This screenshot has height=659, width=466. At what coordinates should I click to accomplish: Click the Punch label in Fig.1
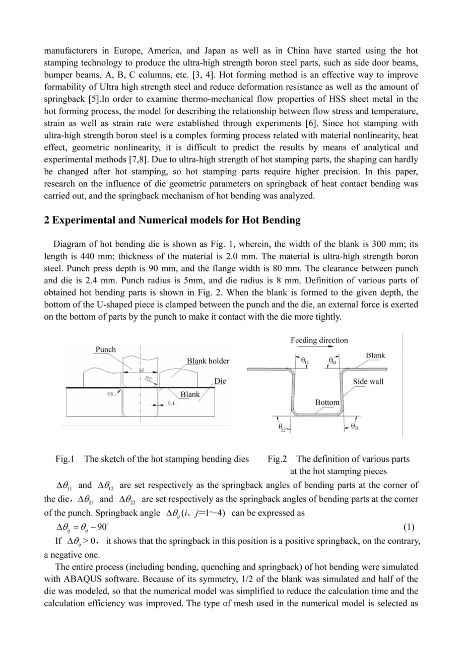point(106,349)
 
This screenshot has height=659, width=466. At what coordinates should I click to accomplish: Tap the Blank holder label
point(208,360)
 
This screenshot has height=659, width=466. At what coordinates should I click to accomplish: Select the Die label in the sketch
point(220,381)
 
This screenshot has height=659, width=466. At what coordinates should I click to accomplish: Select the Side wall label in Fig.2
point(368,381)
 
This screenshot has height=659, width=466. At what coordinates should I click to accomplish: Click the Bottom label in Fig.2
point(327,402)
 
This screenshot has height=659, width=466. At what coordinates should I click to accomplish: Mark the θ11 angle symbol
point(332,360)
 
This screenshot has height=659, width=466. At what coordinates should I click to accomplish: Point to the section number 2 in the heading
point(47,219)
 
